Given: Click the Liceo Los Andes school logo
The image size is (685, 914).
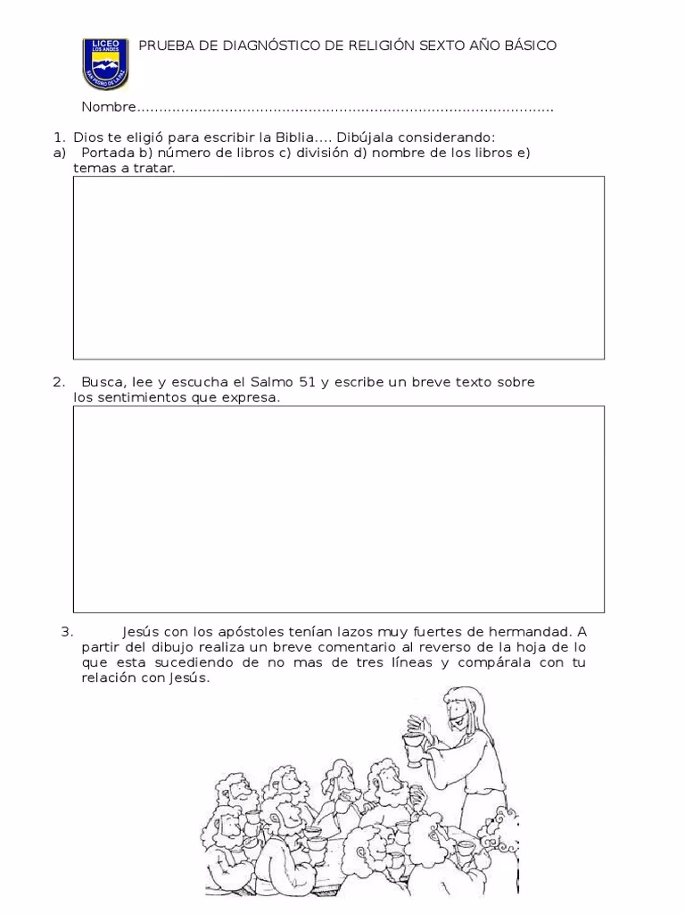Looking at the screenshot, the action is pos(105,62).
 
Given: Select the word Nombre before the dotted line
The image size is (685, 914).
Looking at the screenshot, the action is pos(108,107).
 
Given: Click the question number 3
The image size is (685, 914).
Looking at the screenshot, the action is pos(66,632).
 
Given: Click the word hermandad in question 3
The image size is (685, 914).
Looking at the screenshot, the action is pos(528,632).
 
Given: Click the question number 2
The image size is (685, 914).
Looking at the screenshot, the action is pos(58,382).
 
